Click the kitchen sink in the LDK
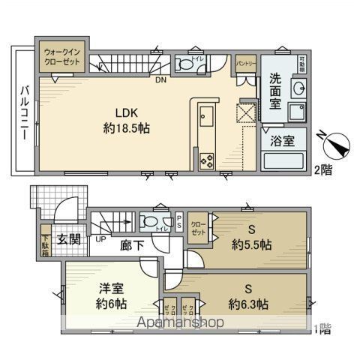point(207,118)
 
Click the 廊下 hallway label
point(129,244)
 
